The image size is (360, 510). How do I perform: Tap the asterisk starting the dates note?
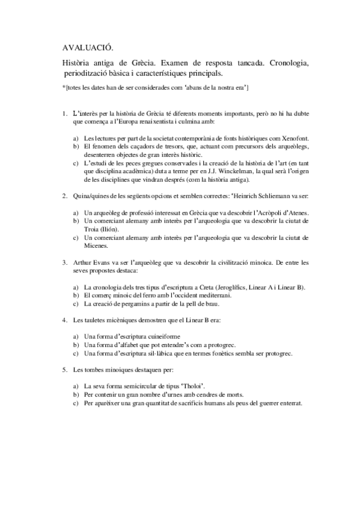64,88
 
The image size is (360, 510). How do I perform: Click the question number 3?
64,262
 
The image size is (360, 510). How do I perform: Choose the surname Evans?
102,262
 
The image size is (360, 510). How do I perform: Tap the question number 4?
64,320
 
